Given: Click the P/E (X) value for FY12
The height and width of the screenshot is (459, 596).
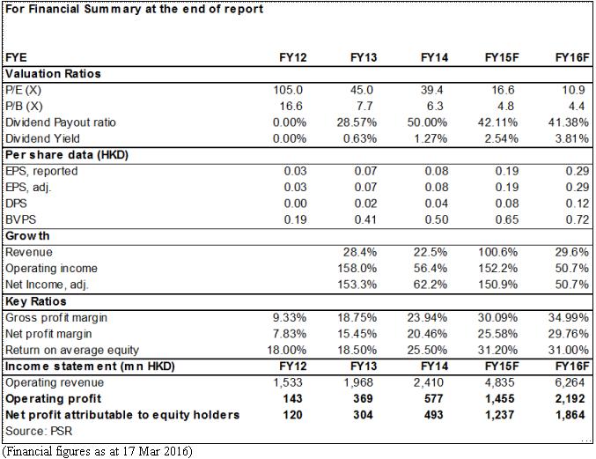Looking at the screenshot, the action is tap(288, 90).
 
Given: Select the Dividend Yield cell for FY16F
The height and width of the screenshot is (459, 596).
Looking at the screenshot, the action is tap(571, 138).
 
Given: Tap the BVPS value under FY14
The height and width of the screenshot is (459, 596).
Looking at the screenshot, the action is tap(437, 219).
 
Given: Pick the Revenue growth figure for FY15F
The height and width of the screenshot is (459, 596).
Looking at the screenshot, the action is tap(497, 252).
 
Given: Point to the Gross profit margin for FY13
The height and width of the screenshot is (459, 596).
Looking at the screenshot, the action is tap(357, 317).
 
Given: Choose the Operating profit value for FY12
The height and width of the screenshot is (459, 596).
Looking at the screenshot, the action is tap(292, 398).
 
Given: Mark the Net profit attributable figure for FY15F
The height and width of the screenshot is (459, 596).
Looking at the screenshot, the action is tap(499, 414).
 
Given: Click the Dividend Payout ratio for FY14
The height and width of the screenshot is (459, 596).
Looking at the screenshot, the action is tap(427, 122).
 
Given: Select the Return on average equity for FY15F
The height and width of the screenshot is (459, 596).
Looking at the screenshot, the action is tap(497, 350).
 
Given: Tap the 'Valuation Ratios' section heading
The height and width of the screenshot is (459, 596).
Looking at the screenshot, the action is tap(53, 73).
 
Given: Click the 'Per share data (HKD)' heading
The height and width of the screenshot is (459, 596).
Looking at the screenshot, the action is tap(67, 155).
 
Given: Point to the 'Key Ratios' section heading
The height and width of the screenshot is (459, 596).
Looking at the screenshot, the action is tap(36, 301).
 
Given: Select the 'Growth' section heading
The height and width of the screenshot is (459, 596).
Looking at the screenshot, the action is tap(27, 236).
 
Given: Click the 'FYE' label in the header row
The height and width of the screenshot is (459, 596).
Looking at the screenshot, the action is tap(16, 57).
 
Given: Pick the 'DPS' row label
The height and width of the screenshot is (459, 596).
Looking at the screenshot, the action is tap(16, 204).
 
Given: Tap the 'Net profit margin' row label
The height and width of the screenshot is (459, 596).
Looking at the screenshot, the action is tap(48, 334).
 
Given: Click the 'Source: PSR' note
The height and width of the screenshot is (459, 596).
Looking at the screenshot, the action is tap(39, 431).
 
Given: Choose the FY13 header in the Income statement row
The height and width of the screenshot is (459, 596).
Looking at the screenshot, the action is tap(364, 366).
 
